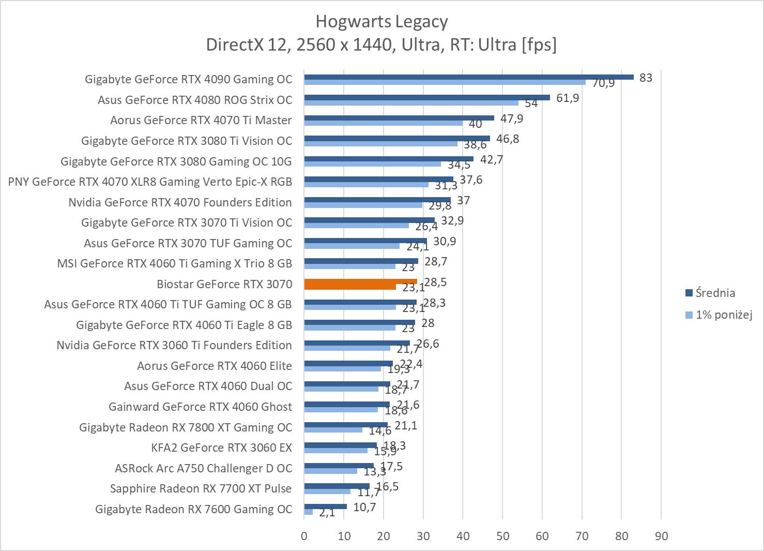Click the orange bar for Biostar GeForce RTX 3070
360,281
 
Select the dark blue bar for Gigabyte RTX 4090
468,77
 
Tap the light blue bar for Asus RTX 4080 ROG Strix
411,102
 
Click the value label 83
646,78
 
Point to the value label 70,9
603,83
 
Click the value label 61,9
568,98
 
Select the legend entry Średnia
715,293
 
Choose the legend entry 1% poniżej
723,315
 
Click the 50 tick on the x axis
502,536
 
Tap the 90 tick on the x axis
661,536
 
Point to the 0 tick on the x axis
304,536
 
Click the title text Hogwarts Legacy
381,22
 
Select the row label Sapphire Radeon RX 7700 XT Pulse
201,488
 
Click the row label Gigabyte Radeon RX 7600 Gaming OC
193,509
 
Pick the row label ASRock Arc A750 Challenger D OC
203,468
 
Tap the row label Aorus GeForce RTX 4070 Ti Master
201,120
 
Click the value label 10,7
364,507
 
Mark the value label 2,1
327,513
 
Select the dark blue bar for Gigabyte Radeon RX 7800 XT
346,425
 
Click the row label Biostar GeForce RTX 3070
224,284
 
